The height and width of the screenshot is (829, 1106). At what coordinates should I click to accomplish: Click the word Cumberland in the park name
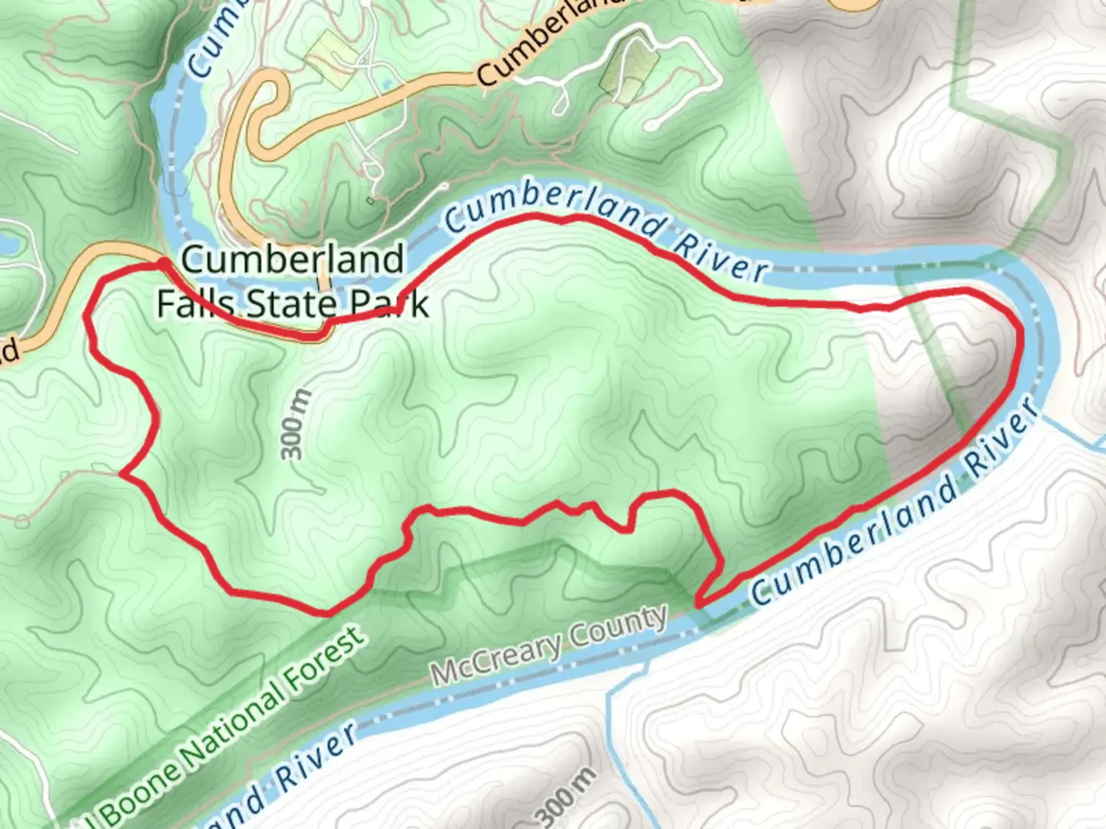click(292, 259)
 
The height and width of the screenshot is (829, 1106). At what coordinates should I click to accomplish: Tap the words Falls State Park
click(292, 304)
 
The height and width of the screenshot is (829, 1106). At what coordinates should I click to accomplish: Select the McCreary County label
click(549, 646)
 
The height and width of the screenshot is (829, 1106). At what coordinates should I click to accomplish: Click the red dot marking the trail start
click(163, 264)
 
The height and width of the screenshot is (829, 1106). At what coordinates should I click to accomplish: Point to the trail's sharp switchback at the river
click(699, 603)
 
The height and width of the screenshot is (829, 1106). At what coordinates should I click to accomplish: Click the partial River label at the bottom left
click(315, 760)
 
